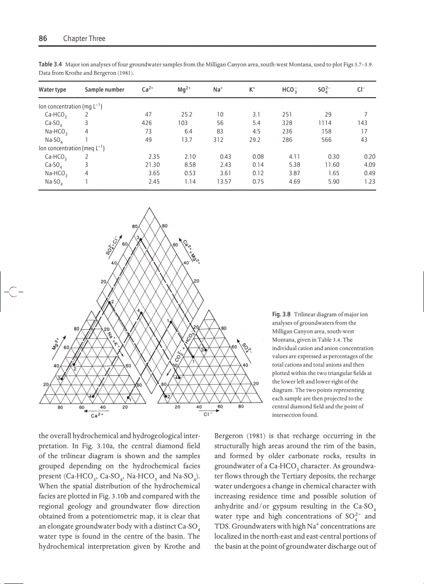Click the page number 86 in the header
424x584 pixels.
click(x=44, y=38)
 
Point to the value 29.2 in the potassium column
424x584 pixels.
click(x=255, y=139)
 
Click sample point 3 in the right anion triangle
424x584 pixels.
click(x=205, y=349)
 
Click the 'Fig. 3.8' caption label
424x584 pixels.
click(x=281, y=315)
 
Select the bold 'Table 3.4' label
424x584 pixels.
click(x=51, y=64)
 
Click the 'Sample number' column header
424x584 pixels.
click(x=104, y=89)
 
